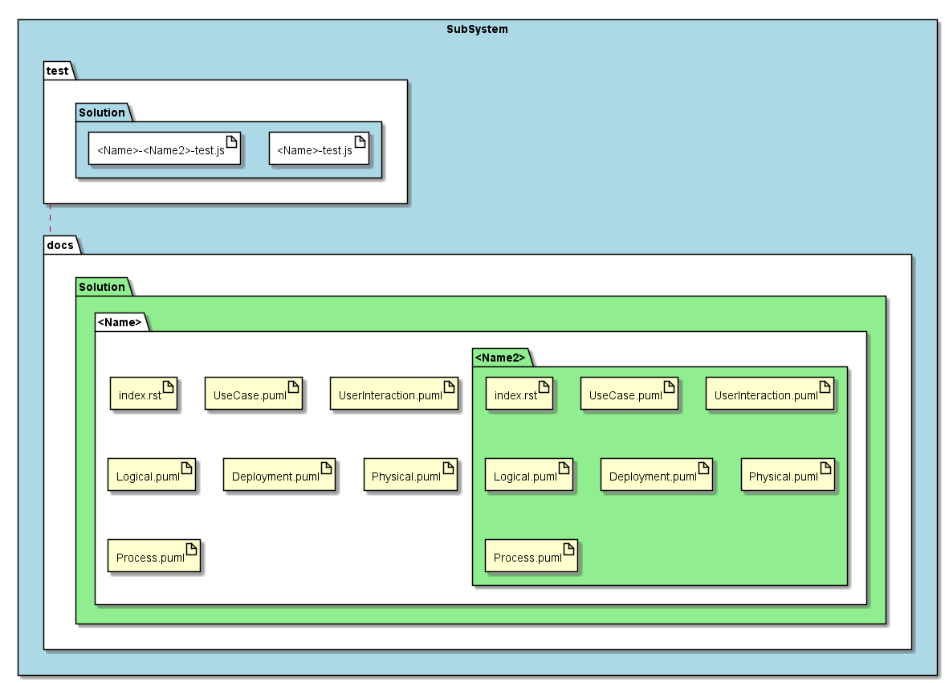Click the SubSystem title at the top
click(477, 29)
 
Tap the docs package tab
click(62, 245)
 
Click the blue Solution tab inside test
click(103, 112)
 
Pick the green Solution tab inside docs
click(103, 287)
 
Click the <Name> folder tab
click(121, 322)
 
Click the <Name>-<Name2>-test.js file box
click(165, 148)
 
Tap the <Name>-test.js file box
click(319, 148)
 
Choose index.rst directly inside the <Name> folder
click(144, 394)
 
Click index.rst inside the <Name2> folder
click(519, 394)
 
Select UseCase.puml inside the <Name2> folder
click(629, 394)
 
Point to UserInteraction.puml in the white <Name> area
click(394, 394)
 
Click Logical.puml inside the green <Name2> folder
click(529, 474)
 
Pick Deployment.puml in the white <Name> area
click(279, 474)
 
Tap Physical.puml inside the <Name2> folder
click(788, 474)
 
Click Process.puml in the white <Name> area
click(154, 556)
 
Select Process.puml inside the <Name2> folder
click(532, 556)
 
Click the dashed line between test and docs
click(50, 219)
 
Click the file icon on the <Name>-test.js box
click(360, 141)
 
